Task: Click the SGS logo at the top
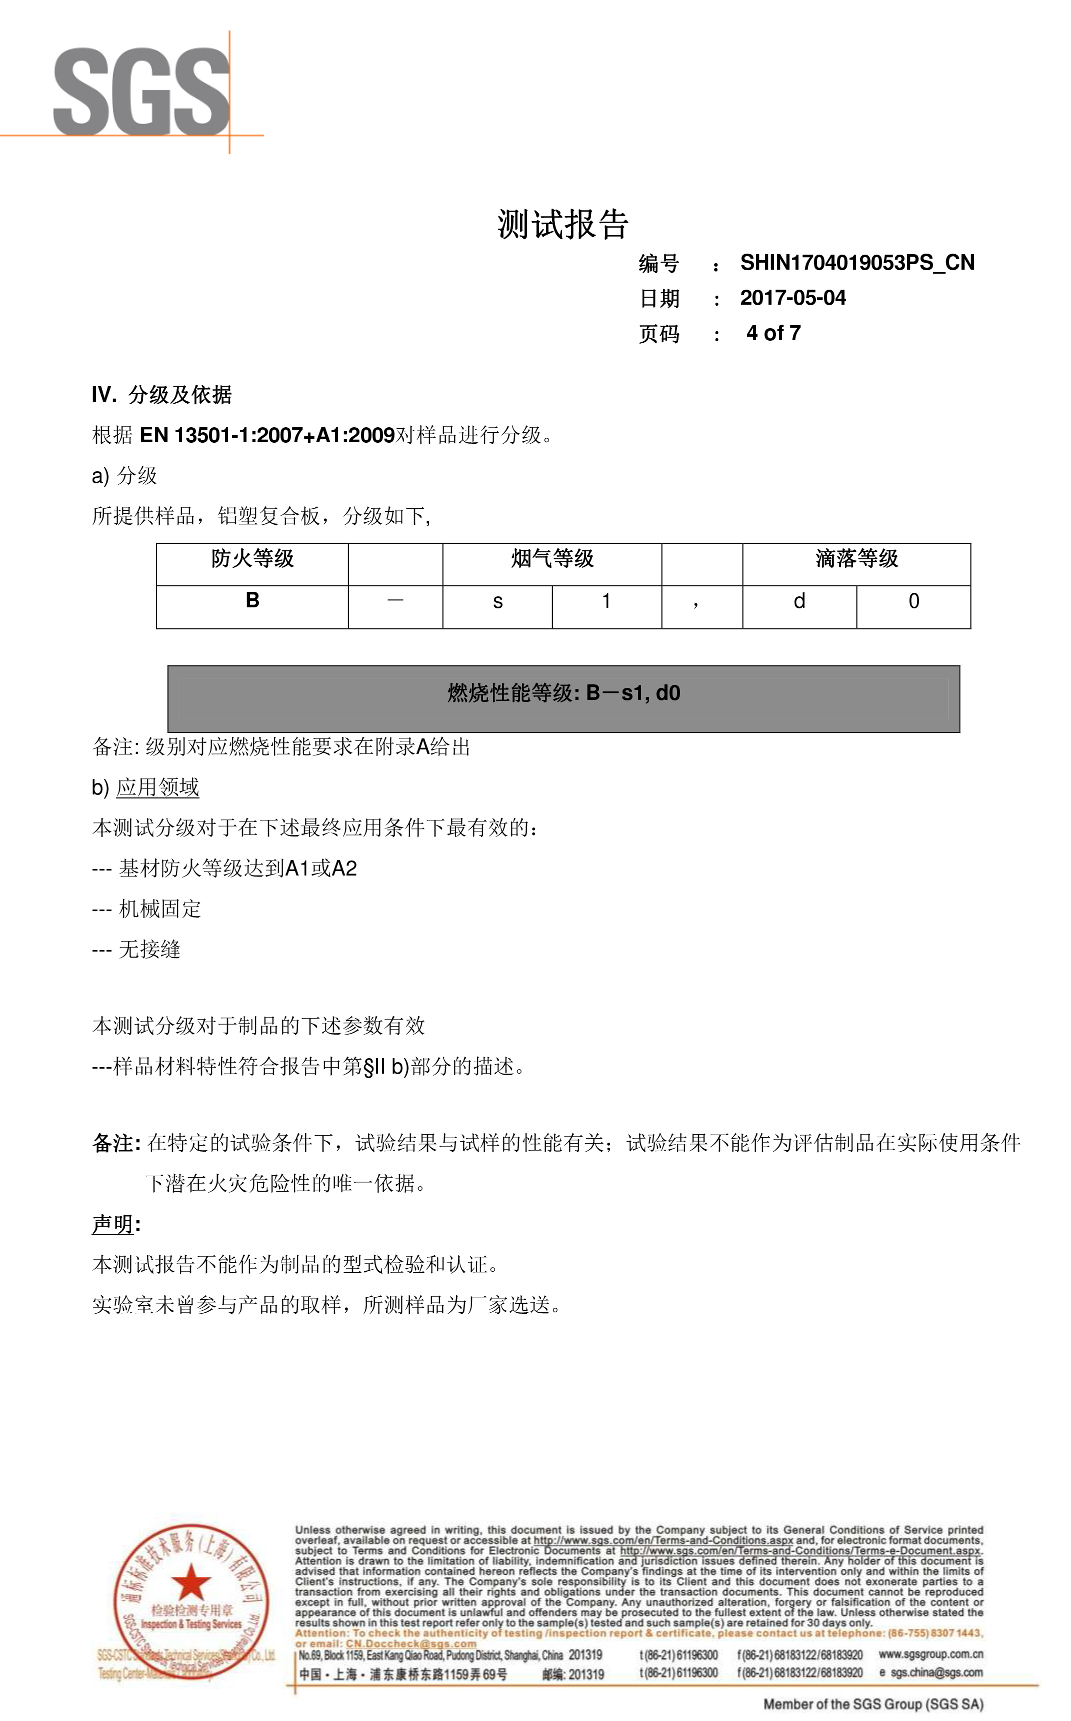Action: pos(141,92)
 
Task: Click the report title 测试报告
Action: pos(562,225)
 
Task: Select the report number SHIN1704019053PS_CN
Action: pos(857,263)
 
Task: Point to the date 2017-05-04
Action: pos(792,298)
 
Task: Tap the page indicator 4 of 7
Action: pos(773,333)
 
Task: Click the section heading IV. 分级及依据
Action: pos(161,395)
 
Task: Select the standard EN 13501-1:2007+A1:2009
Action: pos(267,435)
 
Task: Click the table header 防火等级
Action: pos(252,559)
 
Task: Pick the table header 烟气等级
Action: pos(552,559)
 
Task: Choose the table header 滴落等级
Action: pos(856,559)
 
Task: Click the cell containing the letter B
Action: pos(252,601)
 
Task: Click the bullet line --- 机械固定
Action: pos(146,909)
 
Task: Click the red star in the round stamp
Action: pos(190,1582)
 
